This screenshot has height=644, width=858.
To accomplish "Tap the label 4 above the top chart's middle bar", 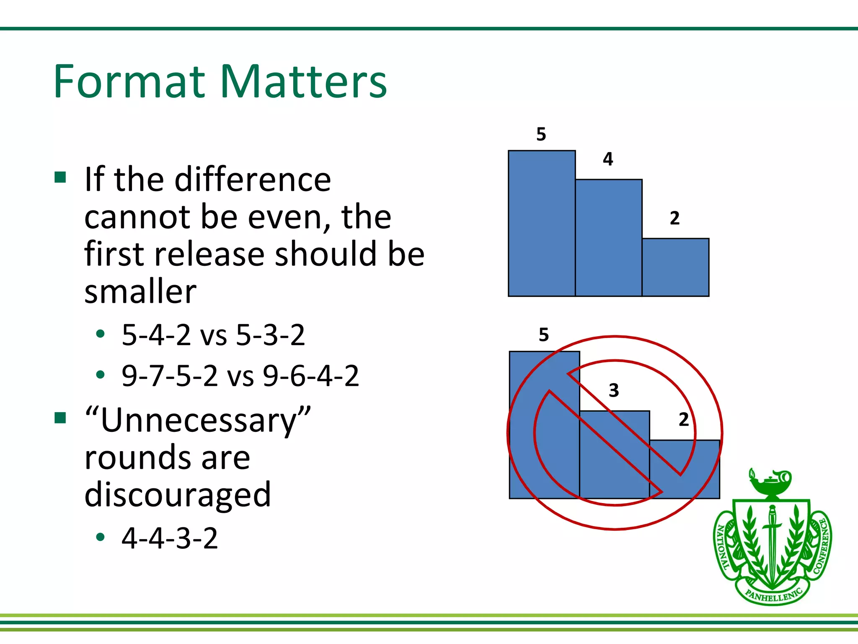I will pos(608,159).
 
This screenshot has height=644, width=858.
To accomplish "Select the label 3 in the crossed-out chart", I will pos(614,390).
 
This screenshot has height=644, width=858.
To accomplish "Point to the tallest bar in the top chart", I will pos(541,223).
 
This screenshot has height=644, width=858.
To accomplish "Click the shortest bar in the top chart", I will pos(675,267).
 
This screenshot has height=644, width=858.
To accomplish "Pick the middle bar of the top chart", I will pos(608,238).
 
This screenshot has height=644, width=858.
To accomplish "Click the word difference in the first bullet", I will pos(253,179).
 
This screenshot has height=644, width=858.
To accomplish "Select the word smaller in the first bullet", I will pos(140,292).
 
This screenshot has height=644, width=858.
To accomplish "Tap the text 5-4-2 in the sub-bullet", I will pos(156,335).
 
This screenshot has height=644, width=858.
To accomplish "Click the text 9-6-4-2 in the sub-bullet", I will pos(311,376).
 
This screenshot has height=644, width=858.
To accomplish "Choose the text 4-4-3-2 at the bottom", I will pos(170,538).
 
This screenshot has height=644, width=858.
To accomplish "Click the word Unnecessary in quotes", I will pos(198,421).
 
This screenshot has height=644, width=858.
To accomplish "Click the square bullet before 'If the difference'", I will pos(60,178).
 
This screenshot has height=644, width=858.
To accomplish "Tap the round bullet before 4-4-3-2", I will pos(100,537).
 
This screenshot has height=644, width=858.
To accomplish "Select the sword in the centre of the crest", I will pos(772,541).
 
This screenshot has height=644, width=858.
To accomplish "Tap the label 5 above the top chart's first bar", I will pos(541,134).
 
